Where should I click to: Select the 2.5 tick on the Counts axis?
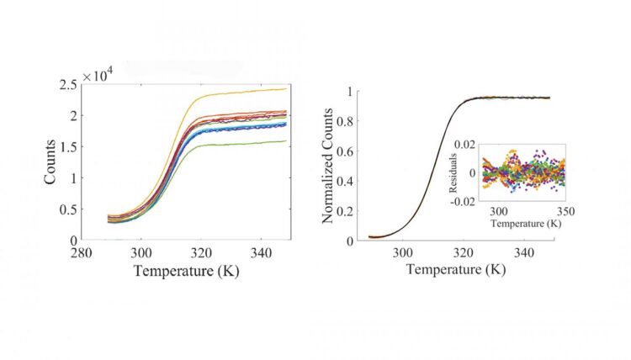(x=68, y=83)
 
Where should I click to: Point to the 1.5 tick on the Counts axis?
(x=68, y=146)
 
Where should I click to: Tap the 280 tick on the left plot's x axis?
(x=82, y=252)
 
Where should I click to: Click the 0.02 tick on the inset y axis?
(x=465, y=146)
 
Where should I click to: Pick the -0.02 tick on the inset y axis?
(x=464, y=203)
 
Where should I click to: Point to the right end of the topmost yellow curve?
(x=287, y=88)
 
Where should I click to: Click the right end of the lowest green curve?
(x=287, y=140)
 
